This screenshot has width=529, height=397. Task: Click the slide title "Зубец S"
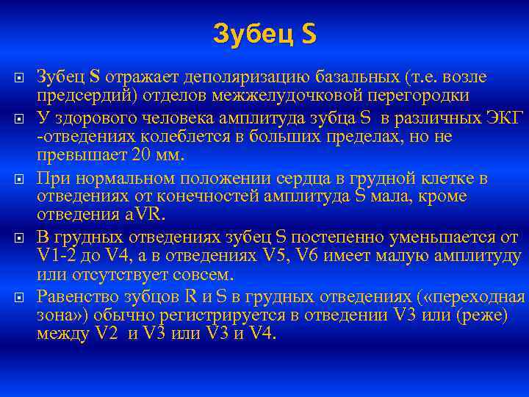coord(264,33)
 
